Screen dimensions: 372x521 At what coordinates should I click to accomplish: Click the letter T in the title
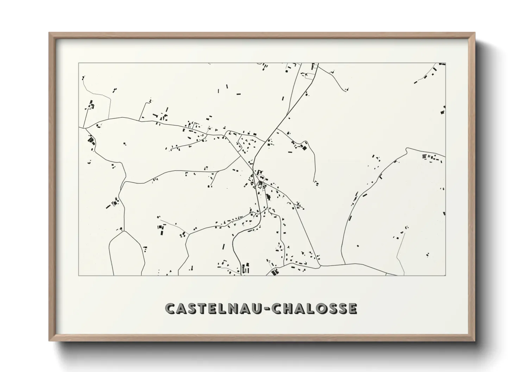pos(202,308)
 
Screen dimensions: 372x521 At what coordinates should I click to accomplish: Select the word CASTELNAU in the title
pos(213,308)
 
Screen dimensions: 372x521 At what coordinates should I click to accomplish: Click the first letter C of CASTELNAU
pos(170,308)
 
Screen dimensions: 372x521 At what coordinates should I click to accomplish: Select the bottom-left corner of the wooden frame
pos(49,341)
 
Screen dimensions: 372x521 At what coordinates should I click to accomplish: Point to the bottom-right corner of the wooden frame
pos(475,341)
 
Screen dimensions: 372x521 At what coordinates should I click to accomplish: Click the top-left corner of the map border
pos(79,63)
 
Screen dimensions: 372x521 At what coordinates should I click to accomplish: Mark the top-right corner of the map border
pos(446,63)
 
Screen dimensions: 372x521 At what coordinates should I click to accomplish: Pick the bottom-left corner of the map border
pos(79,276)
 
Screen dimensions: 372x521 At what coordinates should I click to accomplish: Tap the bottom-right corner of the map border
pos(446,276)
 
